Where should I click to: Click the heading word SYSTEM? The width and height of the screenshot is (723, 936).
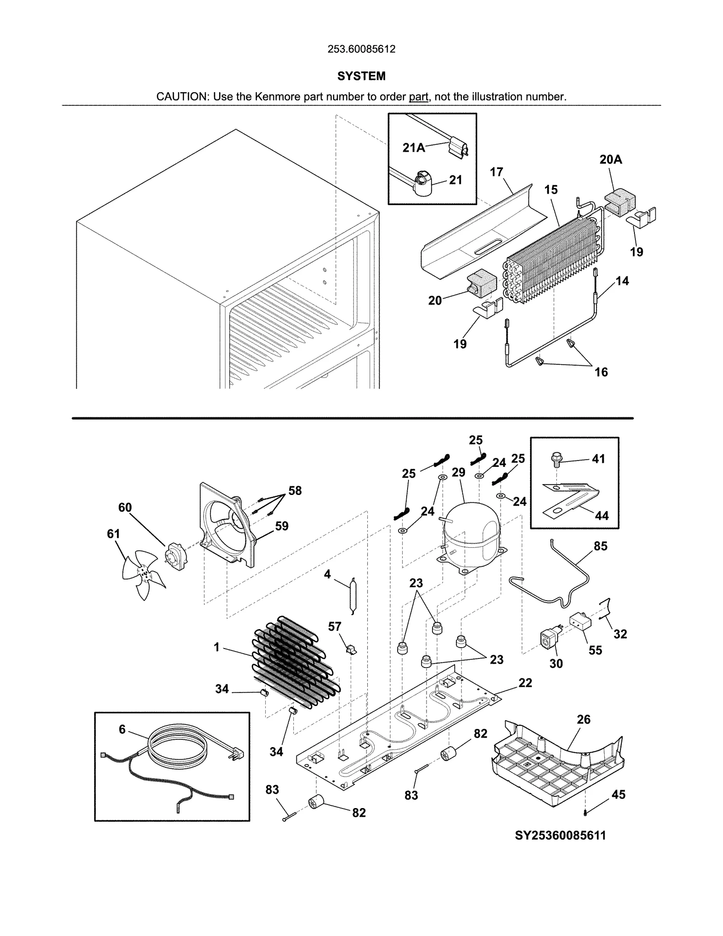pyautogui.click(x=361, y=76)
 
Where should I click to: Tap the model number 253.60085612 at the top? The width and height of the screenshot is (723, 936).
pyautogui.click(x=361, y=49)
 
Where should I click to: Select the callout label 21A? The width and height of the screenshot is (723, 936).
pyautogui.click(x=413, y=148)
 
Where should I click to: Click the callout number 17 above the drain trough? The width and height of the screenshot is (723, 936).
pyautogui.click(x=496, y=172)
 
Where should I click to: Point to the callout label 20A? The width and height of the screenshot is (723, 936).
pyautogui.click(x=610, y=160)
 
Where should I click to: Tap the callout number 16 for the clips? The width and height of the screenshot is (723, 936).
pyautogui.click(x=601, y=372)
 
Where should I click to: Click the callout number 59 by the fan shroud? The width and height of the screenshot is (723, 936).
pyautogui.click(x=282, y=526)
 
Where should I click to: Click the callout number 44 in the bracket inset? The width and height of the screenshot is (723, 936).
pyautogui.click(x=601, y=516)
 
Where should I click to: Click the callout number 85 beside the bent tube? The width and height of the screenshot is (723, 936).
pyautogui.click(x=600, y=546)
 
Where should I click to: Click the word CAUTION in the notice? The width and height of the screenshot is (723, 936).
pyautogui.click(x=182, y=97)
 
